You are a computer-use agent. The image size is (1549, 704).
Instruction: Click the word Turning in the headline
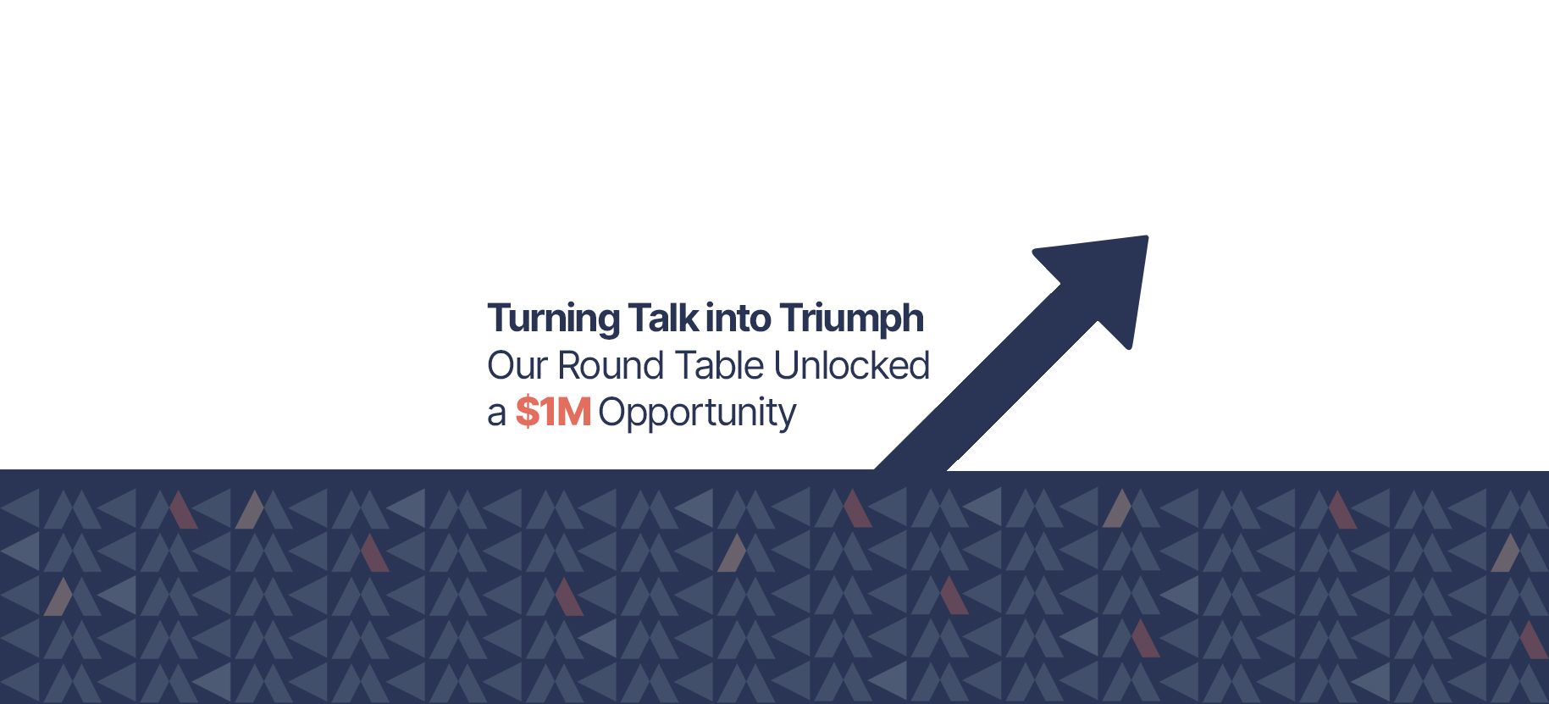[x=554, y=320]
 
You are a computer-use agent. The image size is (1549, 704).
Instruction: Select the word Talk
[x=664, y=318]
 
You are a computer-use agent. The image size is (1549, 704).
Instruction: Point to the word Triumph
[x=851, y=320]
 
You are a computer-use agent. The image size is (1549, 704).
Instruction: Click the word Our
[x=517, y=366]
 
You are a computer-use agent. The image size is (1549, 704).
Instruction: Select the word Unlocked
[x=851, y=365]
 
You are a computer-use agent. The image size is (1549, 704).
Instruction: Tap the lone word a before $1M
[x=496, y=414]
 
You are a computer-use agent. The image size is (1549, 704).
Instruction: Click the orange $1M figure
[x=553, y=412]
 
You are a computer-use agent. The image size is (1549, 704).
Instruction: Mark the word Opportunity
[x=697, y=414]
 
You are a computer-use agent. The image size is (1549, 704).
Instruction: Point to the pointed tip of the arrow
[x=1147, y=236]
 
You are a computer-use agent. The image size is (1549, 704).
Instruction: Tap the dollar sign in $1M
[x=527, y=412]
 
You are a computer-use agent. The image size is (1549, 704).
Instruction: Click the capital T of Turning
[x=500, y=319]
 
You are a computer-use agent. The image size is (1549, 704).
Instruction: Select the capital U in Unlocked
[x=787, y=366]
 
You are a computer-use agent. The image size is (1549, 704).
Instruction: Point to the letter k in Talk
[x=690, y=318]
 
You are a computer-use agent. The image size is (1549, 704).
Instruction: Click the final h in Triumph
[x=913, y=318]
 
